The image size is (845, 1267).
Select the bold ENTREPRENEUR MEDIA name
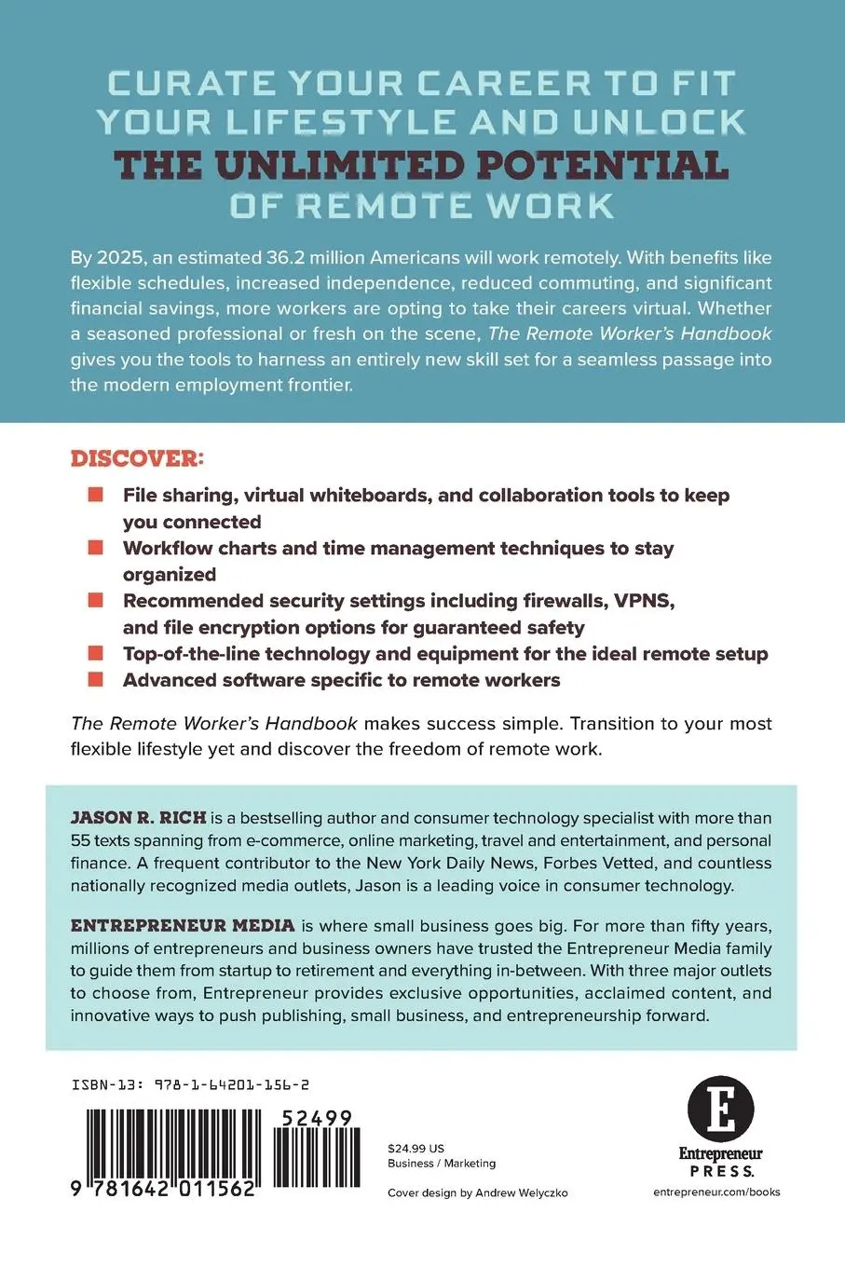pyautogui.click(x=183, y=925)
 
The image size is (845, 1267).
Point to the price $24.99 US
pyautogui.click(x=416, y=1148)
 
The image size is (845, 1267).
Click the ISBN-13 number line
pyautogui.click(x=190, y=1084)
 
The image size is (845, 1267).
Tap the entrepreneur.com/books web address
pyautogui.click(x=716, y=1192)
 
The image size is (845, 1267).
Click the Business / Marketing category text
pyautogui.click(x=442, y=1163)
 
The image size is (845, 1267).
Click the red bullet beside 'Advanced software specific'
pyautogui.click(x=95, y=679)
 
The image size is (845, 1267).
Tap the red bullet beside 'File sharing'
pyautogui.click(x=95, y=495)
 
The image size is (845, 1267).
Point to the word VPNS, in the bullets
pyautogui.click(x=643, y=601)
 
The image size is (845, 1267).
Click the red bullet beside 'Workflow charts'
pyautogui.click(x=95, y=548)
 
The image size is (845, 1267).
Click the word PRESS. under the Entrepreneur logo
pyautogui.click(x=721, y=1171)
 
